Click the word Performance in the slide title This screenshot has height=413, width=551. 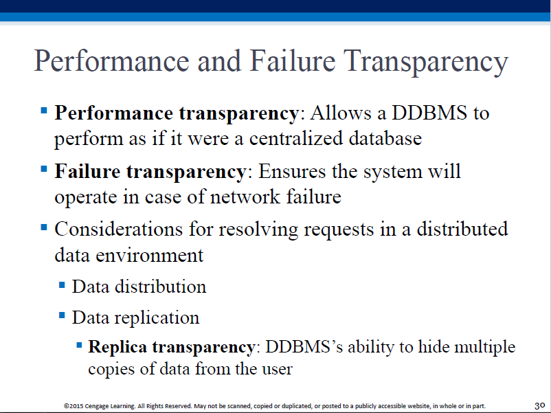tap(112, 60)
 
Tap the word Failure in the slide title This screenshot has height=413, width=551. tap(293, 60)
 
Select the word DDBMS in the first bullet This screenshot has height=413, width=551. tap(429, 113)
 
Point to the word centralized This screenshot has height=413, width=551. tap(296, 138)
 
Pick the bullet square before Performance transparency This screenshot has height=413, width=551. tap(44, 111)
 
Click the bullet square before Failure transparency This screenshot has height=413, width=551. tap(44, 170)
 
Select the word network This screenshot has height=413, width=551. tap(245, 197)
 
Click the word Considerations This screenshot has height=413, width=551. tap(118, 229)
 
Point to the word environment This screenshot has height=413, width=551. tap(149, 255)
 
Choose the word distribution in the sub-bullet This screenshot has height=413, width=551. tap(161, 287)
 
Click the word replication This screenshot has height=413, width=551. tap(157, 317)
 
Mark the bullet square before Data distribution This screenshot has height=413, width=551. tap(62, 284)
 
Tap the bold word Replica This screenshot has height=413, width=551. tap(117, 347)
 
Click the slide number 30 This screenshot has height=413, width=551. tap(540, 405)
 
